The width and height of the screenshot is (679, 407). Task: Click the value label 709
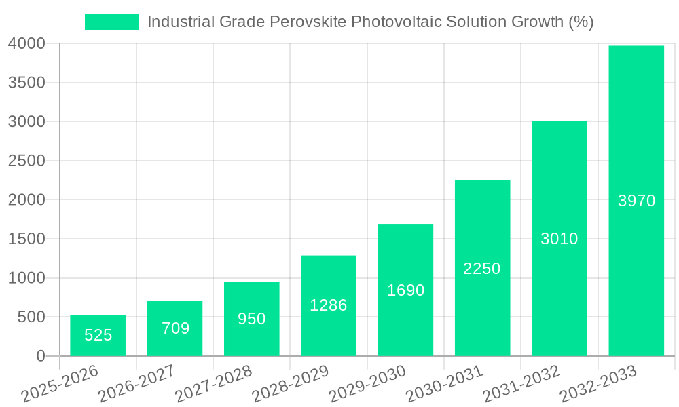(x=175, y=328)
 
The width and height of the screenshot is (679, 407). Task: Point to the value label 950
(x=252, y=318)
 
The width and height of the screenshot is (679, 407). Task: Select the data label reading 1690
(x=405, y=290)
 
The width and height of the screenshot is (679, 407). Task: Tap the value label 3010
(x=559, y=239)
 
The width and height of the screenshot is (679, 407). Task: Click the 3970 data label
(x=636, y=201)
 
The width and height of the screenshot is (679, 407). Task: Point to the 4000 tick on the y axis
(x=26, y=44)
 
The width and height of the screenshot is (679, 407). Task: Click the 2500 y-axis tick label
(x=26, y=161)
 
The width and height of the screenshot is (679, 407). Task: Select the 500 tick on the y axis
(x=31, y=317)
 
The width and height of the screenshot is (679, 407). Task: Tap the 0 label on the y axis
(x=40, y=356)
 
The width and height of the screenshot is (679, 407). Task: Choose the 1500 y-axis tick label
(x=26, y=239)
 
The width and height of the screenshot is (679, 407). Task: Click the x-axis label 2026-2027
(x=136, y=383)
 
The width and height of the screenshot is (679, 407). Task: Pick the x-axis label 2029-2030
(x=367, y=383)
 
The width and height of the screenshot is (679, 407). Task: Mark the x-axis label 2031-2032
(x=521, y=383)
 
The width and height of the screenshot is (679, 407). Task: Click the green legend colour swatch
(x=112, y=22)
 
